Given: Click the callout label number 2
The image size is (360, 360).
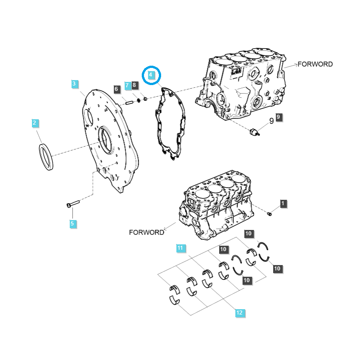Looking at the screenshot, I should pyautogui.click(x=35, y=123).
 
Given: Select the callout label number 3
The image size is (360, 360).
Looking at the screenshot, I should pyautogui.click(x=75, y=83).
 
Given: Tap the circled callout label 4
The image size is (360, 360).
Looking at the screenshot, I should pyautogui.click(x=151, y=75).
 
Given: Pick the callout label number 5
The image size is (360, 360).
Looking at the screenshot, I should pyautogui.click(x=72, y=223).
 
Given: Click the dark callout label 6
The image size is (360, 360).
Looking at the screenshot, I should pyautogui.click(x=116, y=89).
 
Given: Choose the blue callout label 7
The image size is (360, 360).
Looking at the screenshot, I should pyautogui.click(x=127, y=85).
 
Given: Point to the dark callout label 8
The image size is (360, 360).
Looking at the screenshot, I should pyautogui.click(x=135, y=85).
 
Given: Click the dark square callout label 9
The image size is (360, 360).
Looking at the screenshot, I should pyautogui.click(x=279, y=117).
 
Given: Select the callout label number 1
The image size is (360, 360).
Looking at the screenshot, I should pyautogui.click(x=283, y=204).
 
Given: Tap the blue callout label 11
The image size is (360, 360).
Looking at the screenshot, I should pyautogui.click(x=180, y=248).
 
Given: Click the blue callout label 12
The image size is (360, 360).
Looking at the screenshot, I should pyautogui.click(x=239, y=312).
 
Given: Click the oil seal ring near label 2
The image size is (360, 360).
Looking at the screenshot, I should pyautogui.click(x=46, y=156).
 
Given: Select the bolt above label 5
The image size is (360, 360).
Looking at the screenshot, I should pyautogui.click(x=72, y=205).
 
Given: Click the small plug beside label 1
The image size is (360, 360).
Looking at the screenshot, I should pyautogui.click(x=270, y=213).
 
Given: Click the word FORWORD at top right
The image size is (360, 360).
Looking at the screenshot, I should pyautogui.click(x=315, y=64).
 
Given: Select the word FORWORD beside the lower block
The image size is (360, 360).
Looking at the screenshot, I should pyautogui.click(x=146, y=233).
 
